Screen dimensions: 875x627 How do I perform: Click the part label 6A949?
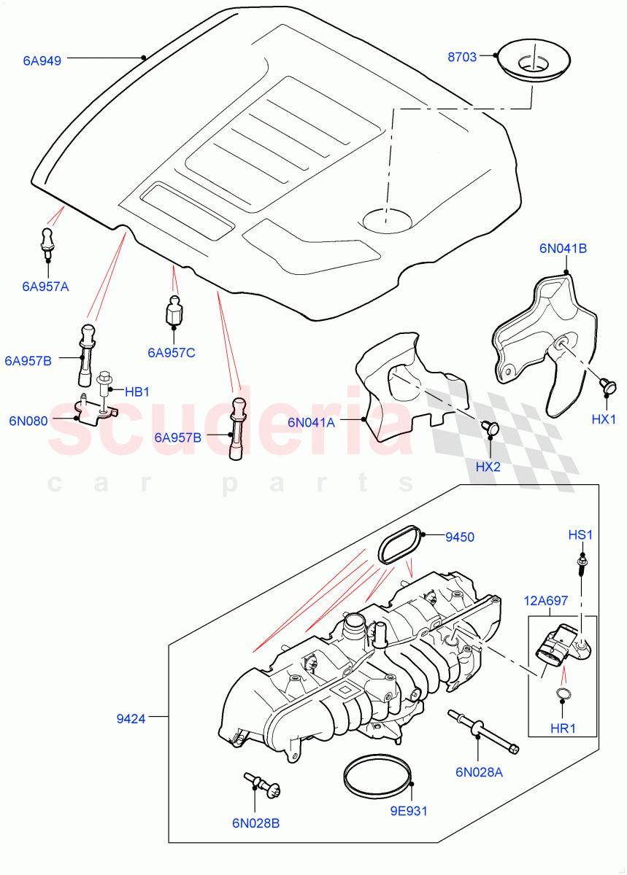(x=42, y=61)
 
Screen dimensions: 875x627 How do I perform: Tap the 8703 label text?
(x=463, y=57)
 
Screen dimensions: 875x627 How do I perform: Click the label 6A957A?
(x=45, y=287)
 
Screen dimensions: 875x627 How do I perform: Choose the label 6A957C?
(x=172, y=353)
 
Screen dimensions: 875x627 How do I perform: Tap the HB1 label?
(x=136, y=392)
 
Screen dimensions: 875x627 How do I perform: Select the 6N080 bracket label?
(x=28, y=421)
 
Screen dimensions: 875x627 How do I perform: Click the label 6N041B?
(x=563, y=248)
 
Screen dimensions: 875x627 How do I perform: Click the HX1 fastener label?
(x=604, y=419)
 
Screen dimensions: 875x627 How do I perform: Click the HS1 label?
(x=580, y=535)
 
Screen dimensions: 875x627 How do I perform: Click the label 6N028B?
(x=255, y=823)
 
